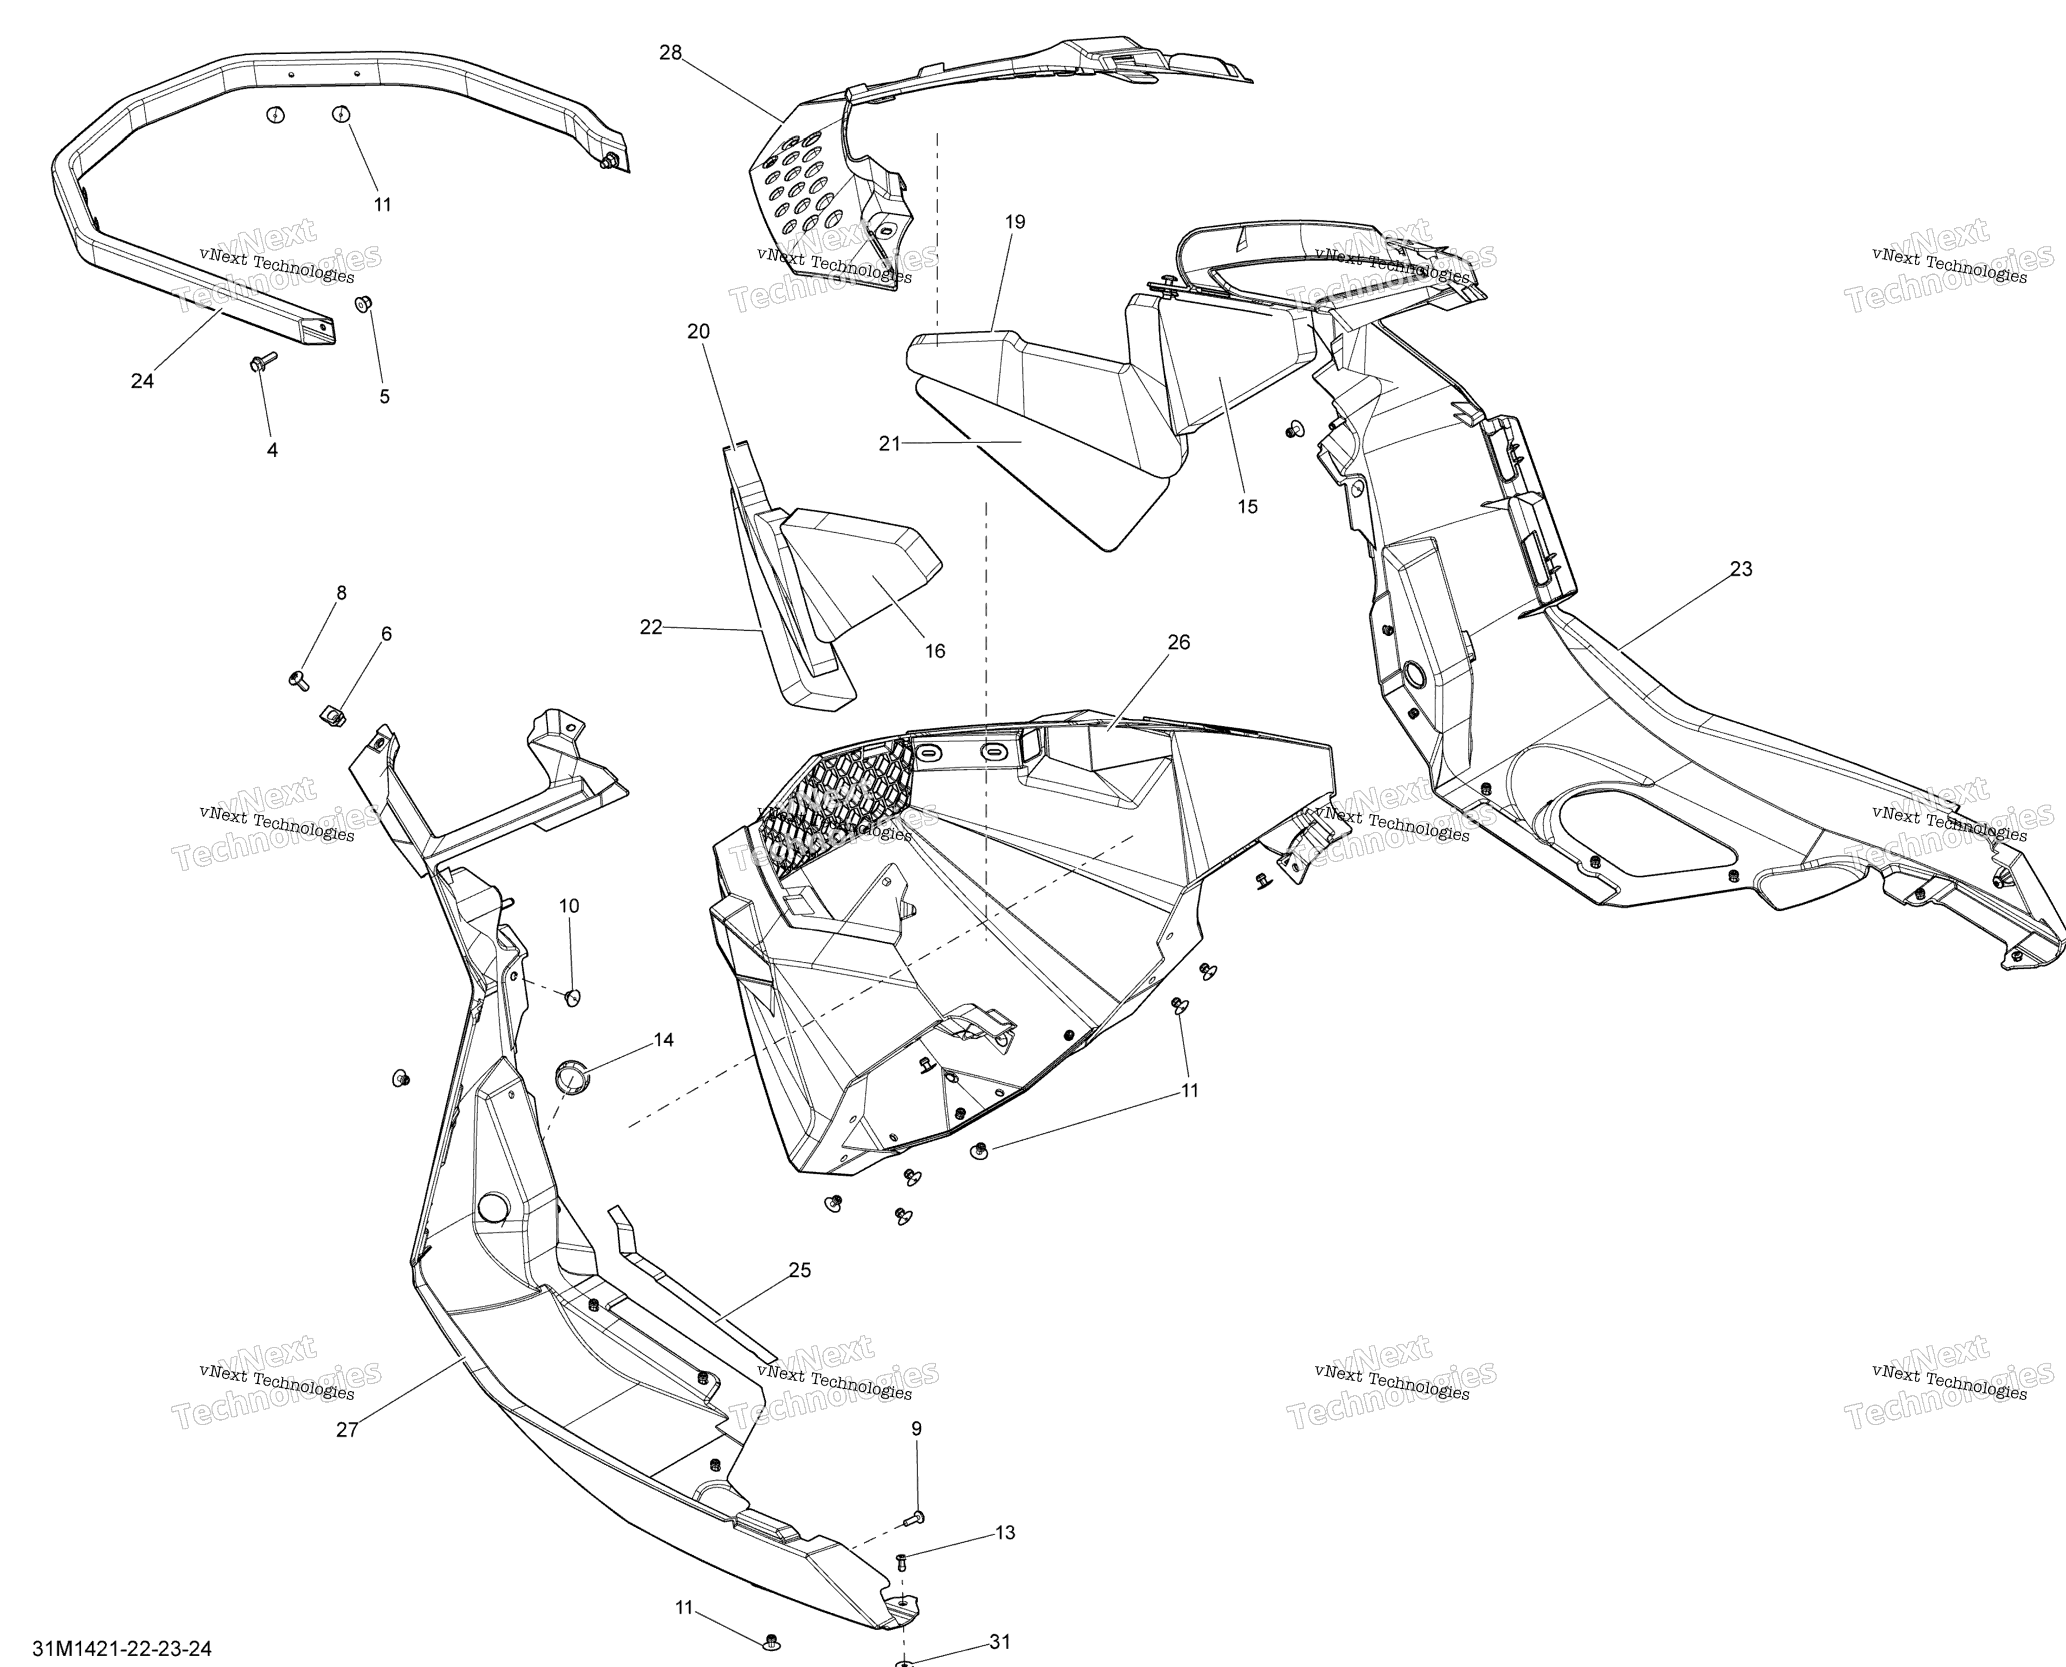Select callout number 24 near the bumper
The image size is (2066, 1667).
142,381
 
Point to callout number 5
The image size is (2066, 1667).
384,397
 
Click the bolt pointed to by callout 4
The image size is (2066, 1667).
262,362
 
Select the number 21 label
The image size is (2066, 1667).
890,444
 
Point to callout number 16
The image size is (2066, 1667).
934,651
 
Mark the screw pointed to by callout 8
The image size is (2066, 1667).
299,680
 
